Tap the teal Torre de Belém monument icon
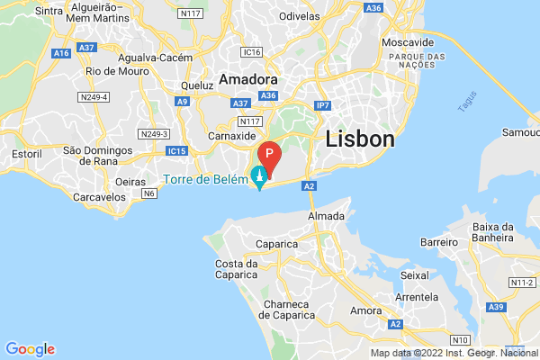coord(260,176)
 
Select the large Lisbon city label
coord(360,139)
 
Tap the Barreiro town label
coord(440,242)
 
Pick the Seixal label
coord(415,274)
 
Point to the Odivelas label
coord(300,16)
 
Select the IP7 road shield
coord(323,105)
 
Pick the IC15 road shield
coord(176,150)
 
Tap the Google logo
coord(30,349)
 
